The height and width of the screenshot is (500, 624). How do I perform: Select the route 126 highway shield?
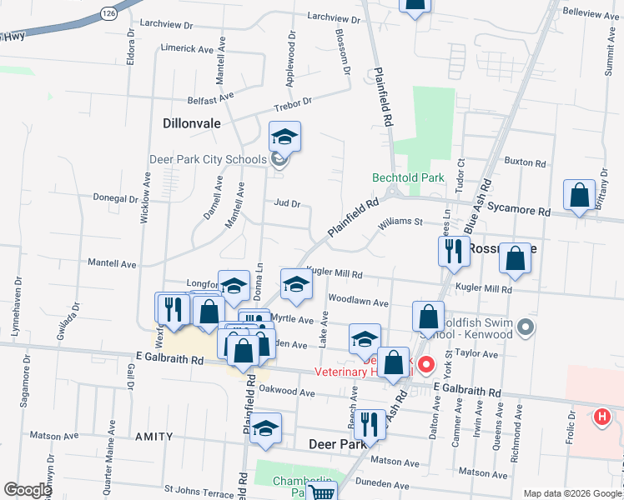tap(108, 13)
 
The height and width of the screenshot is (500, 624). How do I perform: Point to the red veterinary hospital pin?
tap(425, 364)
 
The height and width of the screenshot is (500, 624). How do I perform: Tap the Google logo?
tap(27, 490)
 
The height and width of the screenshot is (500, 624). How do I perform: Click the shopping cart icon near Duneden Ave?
tap(320, 493)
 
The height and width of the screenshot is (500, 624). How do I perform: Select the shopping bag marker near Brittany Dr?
tap(578, 197)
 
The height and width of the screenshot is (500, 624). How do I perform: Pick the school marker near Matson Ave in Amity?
tap(266, 428)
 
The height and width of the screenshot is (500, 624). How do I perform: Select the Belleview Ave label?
tap(591, 15)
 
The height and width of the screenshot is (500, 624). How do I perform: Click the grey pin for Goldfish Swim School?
tap(525, 328)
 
